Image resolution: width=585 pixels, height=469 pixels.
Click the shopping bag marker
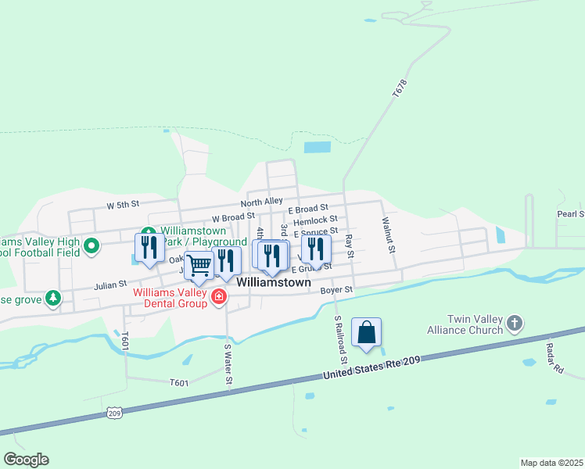pos(366,333)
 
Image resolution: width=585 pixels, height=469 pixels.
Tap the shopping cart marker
pos(199,266)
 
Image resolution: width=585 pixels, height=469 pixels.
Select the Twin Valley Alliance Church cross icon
pos(514,323)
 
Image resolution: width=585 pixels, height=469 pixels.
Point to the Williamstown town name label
pos(274,282)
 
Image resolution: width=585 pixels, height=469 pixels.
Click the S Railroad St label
pos(340,339)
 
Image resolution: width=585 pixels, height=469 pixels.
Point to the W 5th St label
pos(123,205)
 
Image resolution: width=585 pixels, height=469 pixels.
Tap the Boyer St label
pos(337,290)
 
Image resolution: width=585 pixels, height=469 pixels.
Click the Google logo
pos(26,460)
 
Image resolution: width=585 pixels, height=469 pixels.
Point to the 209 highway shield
pos(114,413)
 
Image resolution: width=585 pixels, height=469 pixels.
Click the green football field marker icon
pos(92,247)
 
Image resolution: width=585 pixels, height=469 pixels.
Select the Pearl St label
pos(570,214)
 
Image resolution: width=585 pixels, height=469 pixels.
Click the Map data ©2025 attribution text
pos(551,463)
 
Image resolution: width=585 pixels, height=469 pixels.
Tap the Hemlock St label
pos(315,220)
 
